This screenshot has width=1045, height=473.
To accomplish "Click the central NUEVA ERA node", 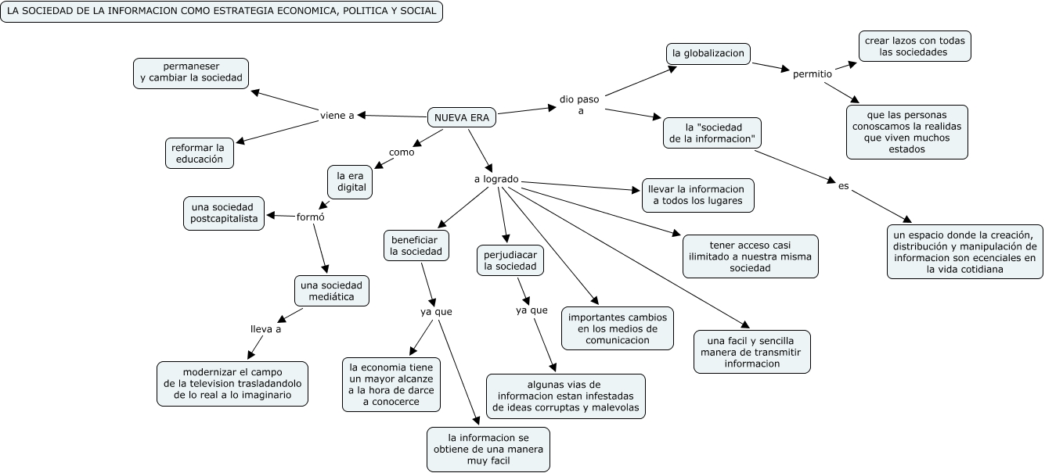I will click(462, 117).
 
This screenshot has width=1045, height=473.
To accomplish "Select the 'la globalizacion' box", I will click(708, 53).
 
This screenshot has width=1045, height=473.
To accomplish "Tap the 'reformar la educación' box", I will click(200, 152).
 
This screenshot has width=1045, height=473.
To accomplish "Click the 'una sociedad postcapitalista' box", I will click(224, 213).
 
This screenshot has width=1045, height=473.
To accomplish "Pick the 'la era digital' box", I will click(351, 182).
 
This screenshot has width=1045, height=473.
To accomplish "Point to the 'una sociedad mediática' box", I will click(331, 290).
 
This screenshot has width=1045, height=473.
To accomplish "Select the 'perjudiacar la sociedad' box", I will click(510, 260).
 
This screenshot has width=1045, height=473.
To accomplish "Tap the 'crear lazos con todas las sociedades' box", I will click(914, 46).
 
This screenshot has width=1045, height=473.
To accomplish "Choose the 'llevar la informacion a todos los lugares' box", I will click(698, 195).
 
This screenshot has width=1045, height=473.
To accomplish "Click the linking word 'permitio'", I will click(812, 74).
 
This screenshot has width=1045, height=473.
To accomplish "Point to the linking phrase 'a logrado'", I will click(496, 179).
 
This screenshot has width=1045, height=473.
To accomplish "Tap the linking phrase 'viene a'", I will click(337, 115).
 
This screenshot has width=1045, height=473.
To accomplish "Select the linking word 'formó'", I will click(311, 217).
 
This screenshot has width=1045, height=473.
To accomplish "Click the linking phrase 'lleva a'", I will click(265, 329).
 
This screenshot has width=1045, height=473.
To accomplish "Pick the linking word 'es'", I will click(843, 186).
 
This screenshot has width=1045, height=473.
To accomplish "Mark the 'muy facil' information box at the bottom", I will click(488, 449).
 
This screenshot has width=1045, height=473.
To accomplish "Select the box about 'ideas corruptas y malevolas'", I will click(565, 396).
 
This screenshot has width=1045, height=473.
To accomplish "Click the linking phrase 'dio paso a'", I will click(579, 105).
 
